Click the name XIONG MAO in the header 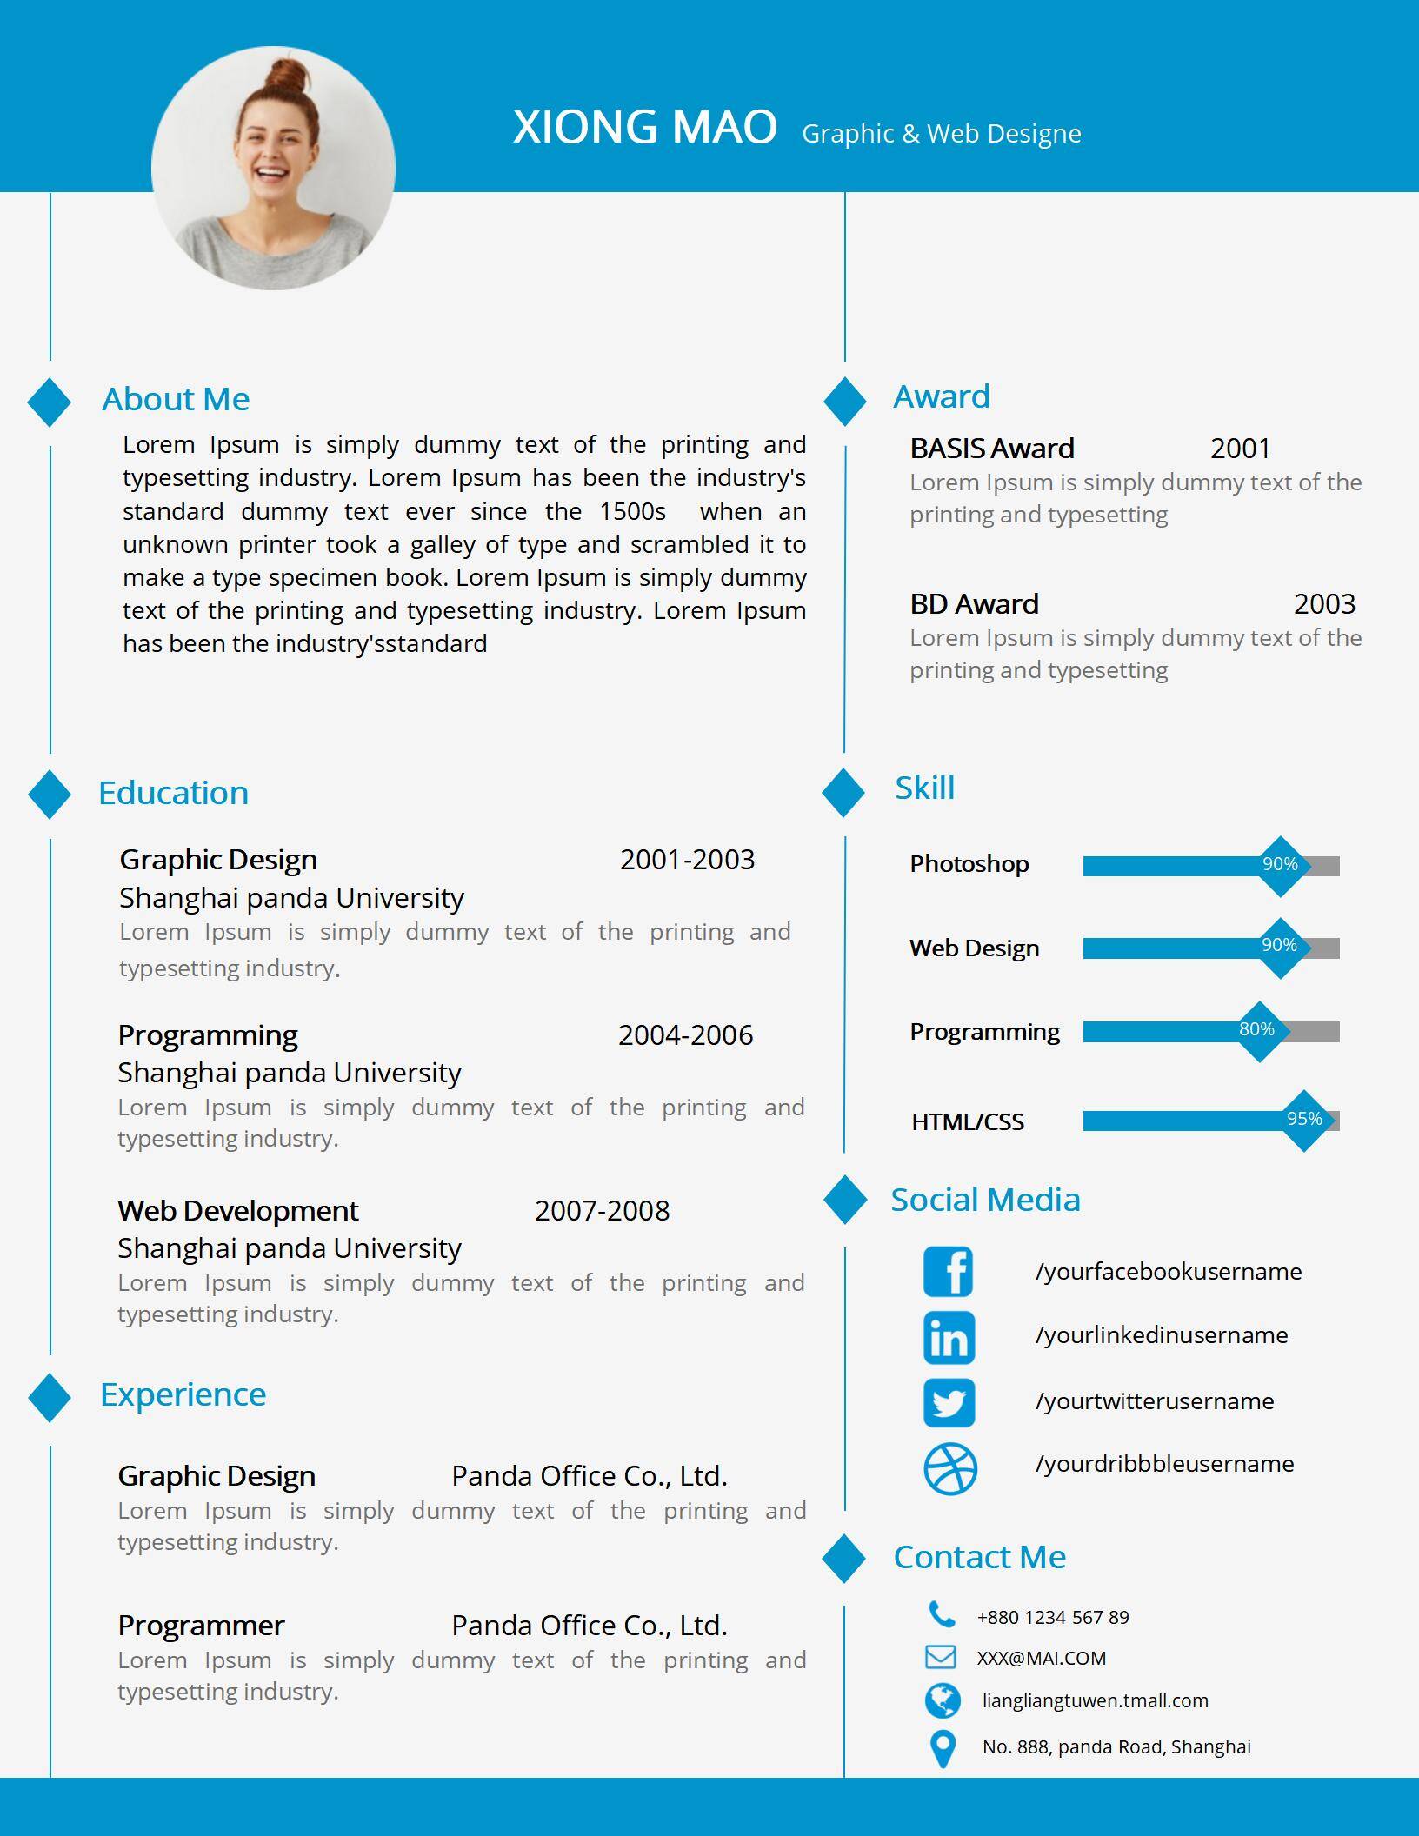[644, 127]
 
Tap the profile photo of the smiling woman [273, 168]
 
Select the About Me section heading [176, 399]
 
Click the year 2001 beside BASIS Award [1240, 449]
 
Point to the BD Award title [974, 604]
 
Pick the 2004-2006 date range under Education [685, 1035]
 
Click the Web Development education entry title [237, 1211]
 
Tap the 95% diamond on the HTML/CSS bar [1304, 1120]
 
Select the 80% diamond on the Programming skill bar [1257, 1030]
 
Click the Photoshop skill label [969, 864]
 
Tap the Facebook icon [949, 1272]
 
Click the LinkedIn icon [949, 1338]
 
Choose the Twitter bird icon [949, 1402]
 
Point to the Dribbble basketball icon [949, 1469]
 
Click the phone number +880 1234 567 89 [1053, 1618]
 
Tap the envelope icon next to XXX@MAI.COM [940, 1657]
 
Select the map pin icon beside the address [943, 1748]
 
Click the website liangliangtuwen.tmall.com [1095, 1700]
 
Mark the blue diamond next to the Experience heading [50, 1398]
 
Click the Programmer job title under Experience [201, 1626]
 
